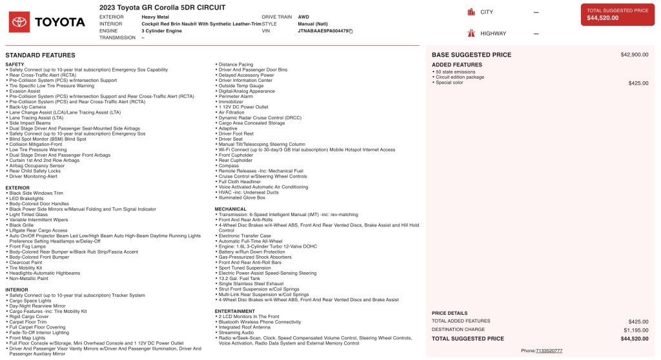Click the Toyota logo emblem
click(x=19, y=22)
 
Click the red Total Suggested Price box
click(x=618, y=15)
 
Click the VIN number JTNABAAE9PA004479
click(x=323, y=30)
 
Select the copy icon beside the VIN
click(x=351, y=30)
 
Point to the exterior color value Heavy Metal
click(x=155, y=16)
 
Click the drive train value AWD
click(x=303, y=16)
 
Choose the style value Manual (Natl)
click(x=312, y=23)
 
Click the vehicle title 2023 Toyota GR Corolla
click(x=162, y=7)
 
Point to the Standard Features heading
click(x=40, y=55)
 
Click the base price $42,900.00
click(x=634, y=55)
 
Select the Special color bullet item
click(x=449, y=83)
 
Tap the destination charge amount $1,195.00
click(x=635, y=330)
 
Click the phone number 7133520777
click(x=549, y=350)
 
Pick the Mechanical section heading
click(x=230, y=209)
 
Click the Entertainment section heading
click(x=235, y=310)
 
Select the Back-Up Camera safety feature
click(x=28, y=107)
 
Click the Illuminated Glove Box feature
click(x=242, y=197)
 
